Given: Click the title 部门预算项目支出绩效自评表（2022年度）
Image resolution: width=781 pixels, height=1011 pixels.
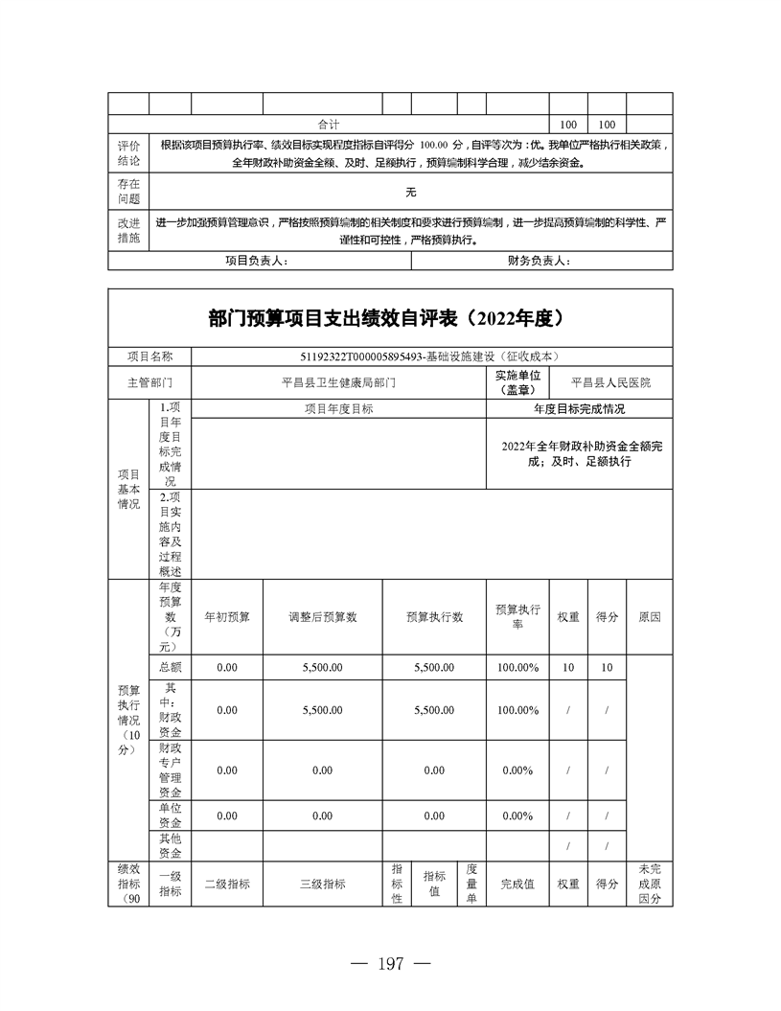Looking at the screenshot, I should (x=390, y=319).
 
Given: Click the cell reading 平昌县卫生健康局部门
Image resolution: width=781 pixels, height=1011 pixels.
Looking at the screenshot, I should (x=338, y=381).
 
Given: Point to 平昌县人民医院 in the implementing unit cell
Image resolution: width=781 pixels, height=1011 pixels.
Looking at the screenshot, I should (x=610, y=381).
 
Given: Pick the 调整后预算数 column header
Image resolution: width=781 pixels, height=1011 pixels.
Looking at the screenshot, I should (x=322, y=617).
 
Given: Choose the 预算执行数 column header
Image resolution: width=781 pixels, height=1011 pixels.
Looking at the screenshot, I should (x=434, y=617).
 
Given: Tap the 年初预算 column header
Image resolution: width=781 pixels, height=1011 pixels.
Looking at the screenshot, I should (x=227, y=617).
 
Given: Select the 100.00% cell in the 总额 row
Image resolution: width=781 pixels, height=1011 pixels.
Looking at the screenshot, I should (x=517, y=667).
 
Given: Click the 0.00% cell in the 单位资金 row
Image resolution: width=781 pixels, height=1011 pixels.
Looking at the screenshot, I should (x=517, y=816).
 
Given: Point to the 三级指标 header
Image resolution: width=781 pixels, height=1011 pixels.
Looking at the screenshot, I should (x=322, y=885).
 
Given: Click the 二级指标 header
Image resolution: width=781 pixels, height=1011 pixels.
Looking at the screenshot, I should (x=227, y=885).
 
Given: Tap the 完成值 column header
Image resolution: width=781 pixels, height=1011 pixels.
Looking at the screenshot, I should (x=517, y=885).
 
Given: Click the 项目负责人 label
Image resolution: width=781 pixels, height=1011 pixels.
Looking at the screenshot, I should (x=256, y=261).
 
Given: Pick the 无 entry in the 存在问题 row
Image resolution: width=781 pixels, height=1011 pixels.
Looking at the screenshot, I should (x=410, y=192).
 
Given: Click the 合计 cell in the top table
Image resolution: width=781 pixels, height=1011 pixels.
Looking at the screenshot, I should (x=329, y=125).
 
